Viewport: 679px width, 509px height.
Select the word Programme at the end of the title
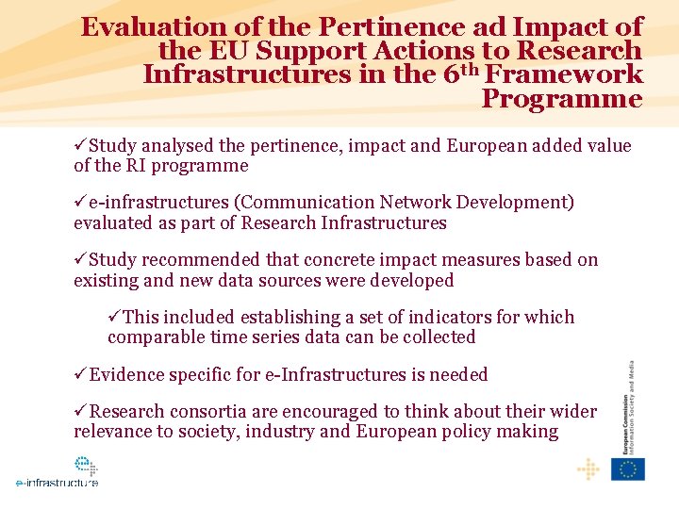(562, 98)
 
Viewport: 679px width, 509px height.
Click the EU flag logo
(627, 469)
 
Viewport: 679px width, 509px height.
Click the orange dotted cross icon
(588, 469)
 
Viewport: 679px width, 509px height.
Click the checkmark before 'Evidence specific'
(80, 374)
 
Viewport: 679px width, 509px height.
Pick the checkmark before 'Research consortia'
(80, 411)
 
